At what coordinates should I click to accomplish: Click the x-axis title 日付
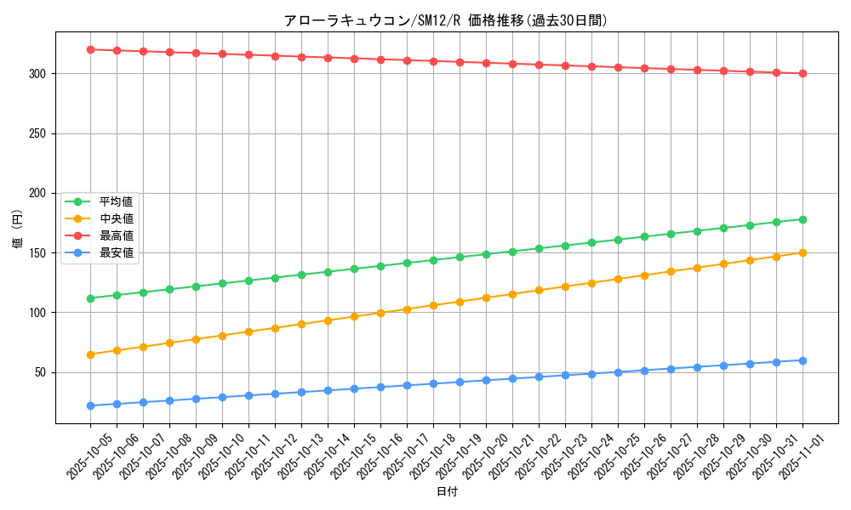(x=447, y=492)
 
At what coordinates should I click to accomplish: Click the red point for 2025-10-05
(x=90, y=49)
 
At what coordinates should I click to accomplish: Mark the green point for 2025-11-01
(x=802, y=219)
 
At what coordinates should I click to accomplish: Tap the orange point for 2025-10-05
(x=90, y=354)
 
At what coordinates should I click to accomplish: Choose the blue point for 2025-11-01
(x=802, y=360)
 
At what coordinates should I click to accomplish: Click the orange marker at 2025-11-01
(x=802, y=252)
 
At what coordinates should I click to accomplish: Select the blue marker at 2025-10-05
(x=90, y=405)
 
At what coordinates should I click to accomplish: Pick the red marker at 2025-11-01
(x=802, y=73)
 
